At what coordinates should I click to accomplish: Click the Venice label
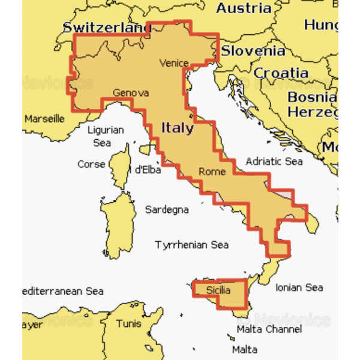click(174, 63)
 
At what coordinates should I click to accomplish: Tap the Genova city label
click(130, 93)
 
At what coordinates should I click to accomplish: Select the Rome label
click(212, 172)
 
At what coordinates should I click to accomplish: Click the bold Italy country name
click(177, 128)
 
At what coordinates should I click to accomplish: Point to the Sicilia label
click(217, 290)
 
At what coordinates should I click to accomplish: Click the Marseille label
click(44, 119)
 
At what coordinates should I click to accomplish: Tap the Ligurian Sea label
click(105, 136)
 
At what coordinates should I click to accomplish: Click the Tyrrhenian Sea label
click(192, 245)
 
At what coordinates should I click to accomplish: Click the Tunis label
click(129, 324)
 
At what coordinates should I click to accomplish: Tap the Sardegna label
click(167, 209)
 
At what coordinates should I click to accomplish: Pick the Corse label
click(91, 164)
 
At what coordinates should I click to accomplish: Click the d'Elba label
click(146, 169)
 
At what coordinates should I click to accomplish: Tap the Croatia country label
click(281, 73)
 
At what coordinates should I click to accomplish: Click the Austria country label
click(244, 8)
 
